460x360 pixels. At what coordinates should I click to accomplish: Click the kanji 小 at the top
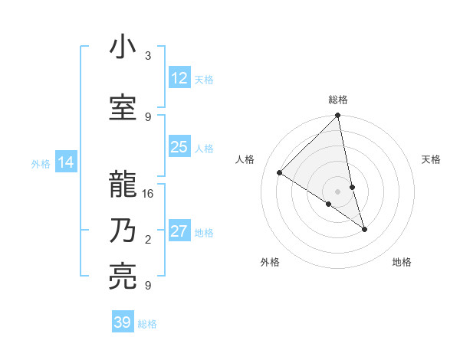(122, 48)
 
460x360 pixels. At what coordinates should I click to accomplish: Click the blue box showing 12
(179, 78)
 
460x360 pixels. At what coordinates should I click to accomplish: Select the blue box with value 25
(179, 147)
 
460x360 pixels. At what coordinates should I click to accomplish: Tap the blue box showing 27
(179, 232)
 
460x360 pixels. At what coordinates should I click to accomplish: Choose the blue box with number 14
(66, 162)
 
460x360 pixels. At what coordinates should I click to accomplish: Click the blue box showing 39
(123, 322)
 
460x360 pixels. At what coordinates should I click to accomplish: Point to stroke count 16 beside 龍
(148, 194)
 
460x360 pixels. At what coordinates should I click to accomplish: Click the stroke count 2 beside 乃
(148, 240)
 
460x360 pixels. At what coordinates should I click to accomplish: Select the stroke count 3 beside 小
(148, 56)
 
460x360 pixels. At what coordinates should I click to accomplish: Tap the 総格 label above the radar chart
(338, 100)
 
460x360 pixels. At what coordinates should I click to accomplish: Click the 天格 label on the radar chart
(431, 159)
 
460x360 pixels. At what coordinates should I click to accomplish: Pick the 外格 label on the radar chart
(270, 262)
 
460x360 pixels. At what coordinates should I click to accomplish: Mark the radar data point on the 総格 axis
(338, 116)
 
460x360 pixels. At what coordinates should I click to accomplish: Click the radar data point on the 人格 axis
(280, 172)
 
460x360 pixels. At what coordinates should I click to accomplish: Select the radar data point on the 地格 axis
(364, 228)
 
